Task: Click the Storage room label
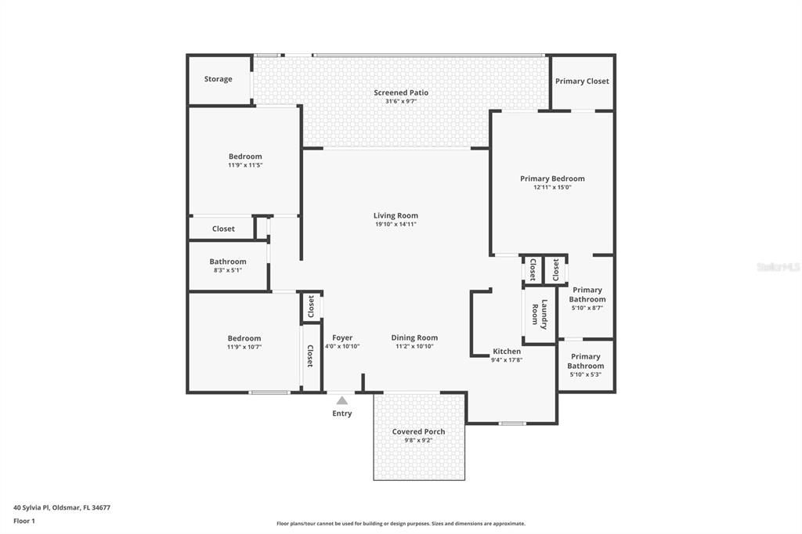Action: pyautogui.click(x=218, y=79)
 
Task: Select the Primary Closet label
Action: pyautogui.click(x=582, y=81)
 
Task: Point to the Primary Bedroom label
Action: pyautogui.click(x=552, y=179)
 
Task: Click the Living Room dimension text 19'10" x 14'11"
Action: pyautogui.click(x=396, y=224)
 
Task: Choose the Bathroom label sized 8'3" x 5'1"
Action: pyautogui.click(x=228, y=262)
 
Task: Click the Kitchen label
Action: pyautogui.click(x=507, y=352)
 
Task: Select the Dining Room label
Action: pyautogui.click(x=414, y=337)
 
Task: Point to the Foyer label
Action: pyautogui.click(x=342, y=337)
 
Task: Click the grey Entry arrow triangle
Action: pyautogui.click(x=342, y=400)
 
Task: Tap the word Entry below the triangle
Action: pyautogui.click(x=342, y=413)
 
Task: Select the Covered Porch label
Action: pyautogui.click(x=418, y=431)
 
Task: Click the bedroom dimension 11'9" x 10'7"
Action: pyautogui.click(x=244, y=347)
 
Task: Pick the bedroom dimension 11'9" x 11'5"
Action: pyautogui.click(x=245, y=165)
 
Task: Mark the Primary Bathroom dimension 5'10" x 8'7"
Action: pyautogui.click(x=587, y=308)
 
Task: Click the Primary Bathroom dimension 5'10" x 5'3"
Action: pyautogui.click(x=586, y=374)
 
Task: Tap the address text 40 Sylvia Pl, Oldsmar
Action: pyautogui.click(x=62, y=507)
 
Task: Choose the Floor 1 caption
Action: pyautogui.click(x=24, y=521)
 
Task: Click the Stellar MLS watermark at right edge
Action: pyautogui.click(x=778, y=267)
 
